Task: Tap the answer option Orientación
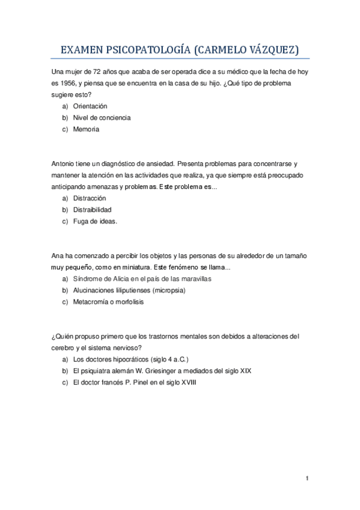[90, 106]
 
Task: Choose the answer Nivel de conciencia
[102, 117]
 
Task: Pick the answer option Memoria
[86, 129]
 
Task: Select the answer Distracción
[90, 198]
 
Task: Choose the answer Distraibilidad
[92, 209]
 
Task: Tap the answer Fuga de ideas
[95, 221]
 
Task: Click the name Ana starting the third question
[59, 256]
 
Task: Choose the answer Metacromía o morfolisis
[108, 302]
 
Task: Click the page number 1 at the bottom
[307, 479]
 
